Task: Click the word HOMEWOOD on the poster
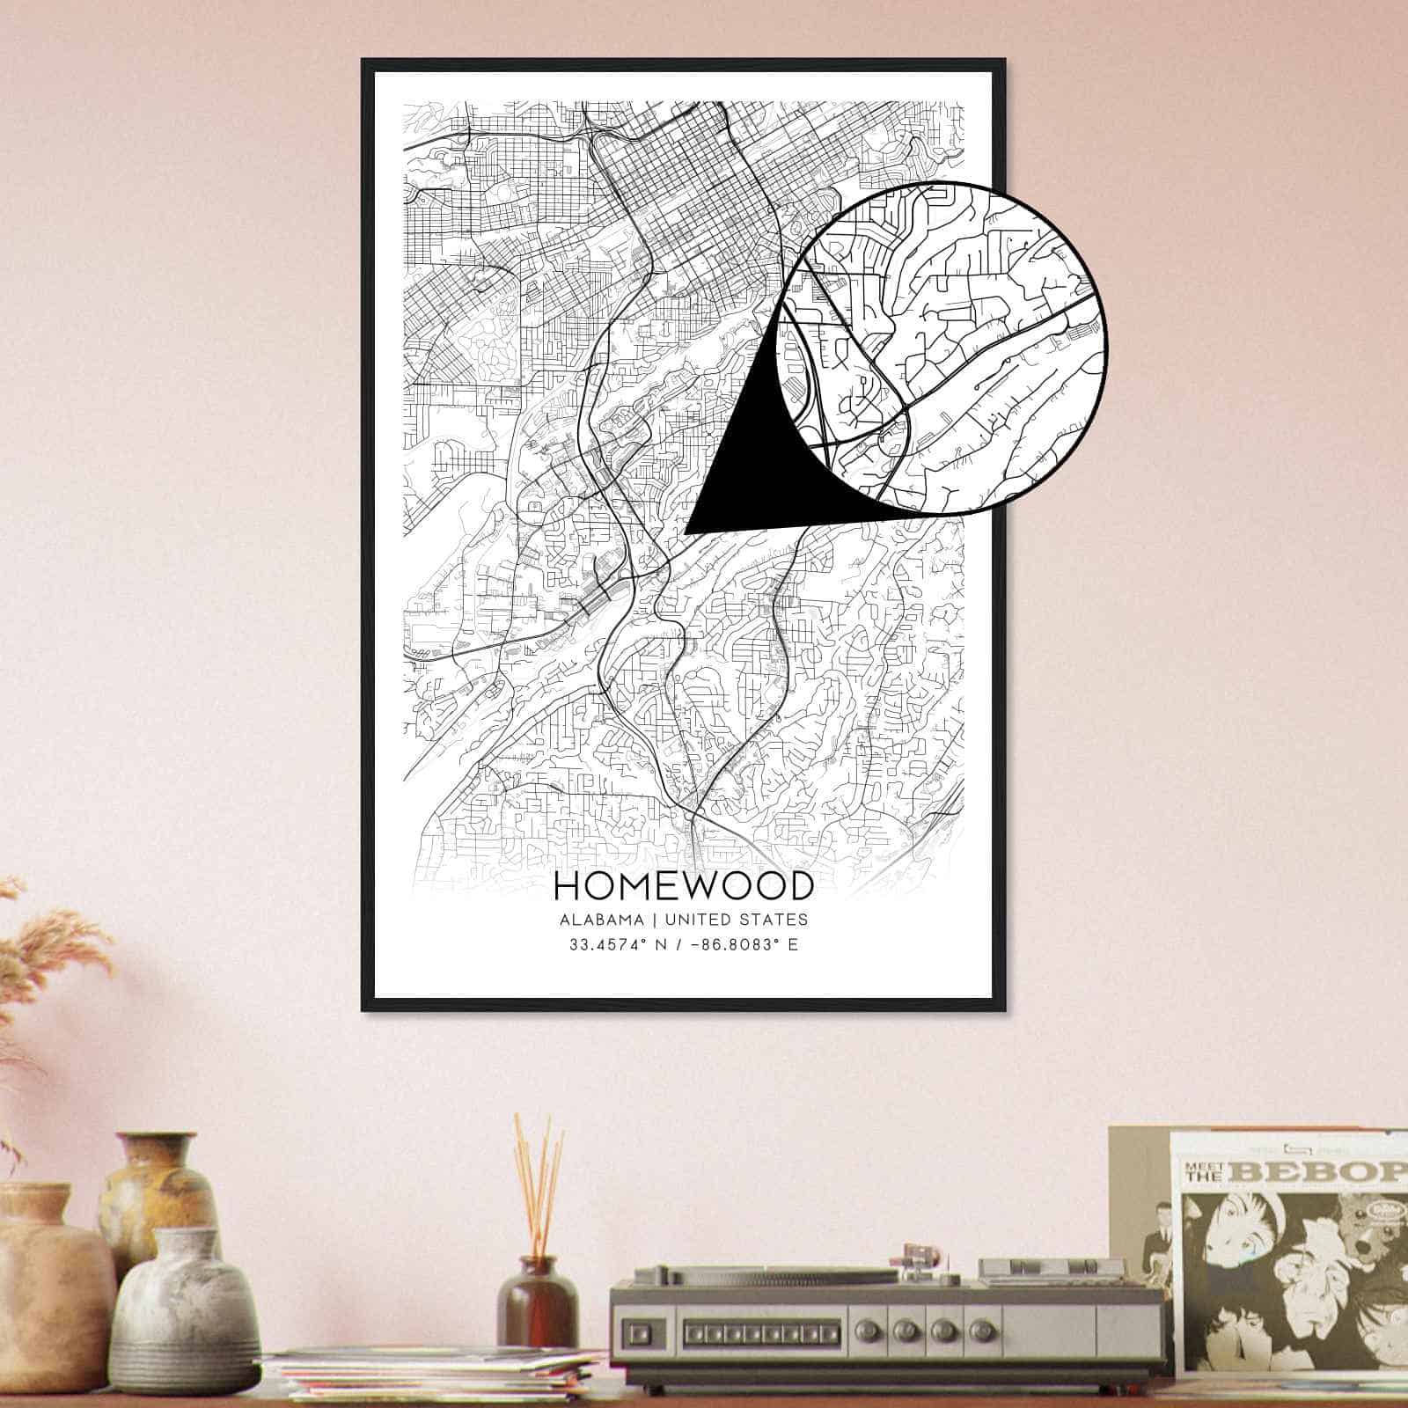click(x=683, y=885)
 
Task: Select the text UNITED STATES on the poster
click(x=736, y=920)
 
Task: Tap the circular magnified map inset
click(x=942, y=348)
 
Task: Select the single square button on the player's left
click(x=644, y=1326)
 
